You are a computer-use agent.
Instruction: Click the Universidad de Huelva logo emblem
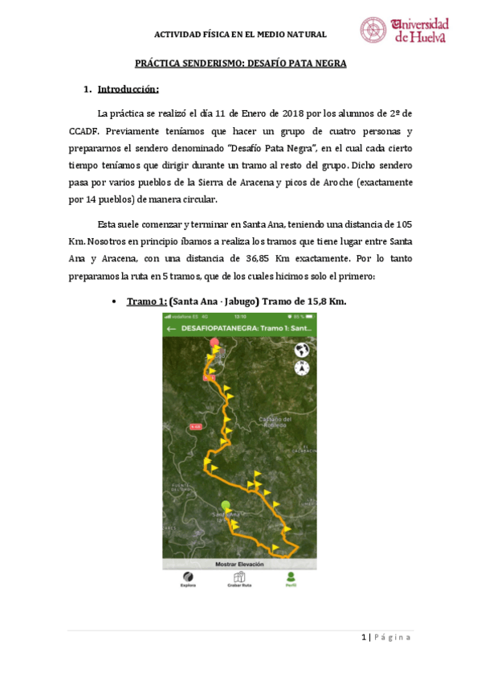click(x=373, y=30)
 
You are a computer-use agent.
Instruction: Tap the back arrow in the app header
click(x=172, y=329)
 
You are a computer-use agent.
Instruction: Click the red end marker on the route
click(x=214, y=343)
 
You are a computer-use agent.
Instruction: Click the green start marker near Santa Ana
click(x=226, y=505)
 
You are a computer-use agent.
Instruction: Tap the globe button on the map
click(x=302, y=350)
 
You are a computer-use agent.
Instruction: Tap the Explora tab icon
click(x=187, y=576)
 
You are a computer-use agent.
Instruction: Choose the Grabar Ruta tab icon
click(x=238, y=576)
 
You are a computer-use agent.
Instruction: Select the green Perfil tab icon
click(x=290, y=576)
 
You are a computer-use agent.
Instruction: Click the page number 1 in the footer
click(x=364, y=637)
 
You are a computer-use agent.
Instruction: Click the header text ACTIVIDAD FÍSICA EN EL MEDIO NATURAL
click(x=240, y=35)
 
